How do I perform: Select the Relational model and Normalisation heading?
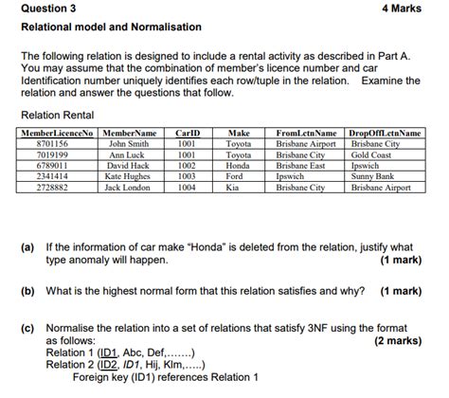(x=111, y=27)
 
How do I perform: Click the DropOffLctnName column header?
(x=386, y=134)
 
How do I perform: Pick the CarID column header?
(x=187, y=134)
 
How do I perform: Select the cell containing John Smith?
(x=129, y=144)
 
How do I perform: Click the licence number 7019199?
(x=51, y=154)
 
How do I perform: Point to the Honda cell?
(x=238, y=165)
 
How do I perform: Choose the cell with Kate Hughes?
(x=128, y=176)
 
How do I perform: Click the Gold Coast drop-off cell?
(x=370, y=154)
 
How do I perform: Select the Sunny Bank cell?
(x=372, y=176)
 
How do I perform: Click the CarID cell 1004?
(x=186, y=188)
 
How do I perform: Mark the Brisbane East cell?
(x=300, y=165)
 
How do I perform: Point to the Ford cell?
(x=236, y=176)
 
